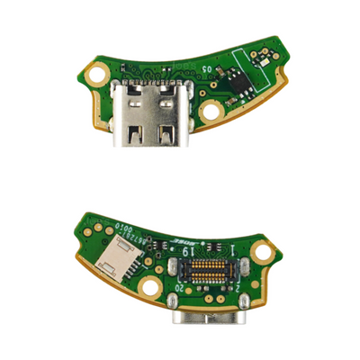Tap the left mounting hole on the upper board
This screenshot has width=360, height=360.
(97, 76)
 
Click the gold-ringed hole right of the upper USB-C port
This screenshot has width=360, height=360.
(212, 110)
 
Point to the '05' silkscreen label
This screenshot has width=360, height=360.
(208, 68)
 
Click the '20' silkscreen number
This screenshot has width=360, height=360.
(179, 290)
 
